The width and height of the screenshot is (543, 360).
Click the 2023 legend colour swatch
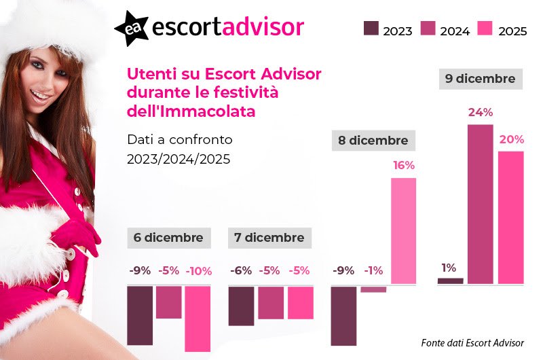point(371,29)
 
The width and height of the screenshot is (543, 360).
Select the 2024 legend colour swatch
point(428,29)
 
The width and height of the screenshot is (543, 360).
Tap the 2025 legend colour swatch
point(485,29)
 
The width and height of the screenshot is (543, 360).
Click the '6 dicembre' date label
point(168,238)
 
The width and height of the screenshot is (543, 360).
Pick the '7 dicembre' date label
point(269,238)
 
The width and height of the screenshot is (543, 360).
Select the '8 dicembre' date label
point(373,141)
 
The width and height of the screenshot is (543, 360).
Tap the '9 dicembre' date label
point(480,79)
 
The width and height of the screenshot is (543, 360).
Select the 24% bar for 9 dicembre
point(480,204)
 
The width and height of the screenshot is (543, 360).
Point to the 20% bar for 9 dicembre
point(511,217)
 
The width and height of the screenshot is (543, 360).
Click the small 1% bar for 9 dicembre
point(450,281)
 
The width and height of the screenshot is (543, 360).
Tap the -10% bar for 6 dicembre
point(198,318)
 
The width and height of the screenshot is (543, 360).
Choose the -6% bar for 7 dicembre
point(241,306)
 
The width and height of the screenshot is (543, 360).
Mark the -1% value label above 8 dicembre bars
point(373,270)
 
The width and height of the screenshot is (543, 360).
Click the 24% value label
point(480,113)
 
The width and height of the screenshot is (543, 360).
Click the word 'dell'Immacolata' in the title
point(192,111)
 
